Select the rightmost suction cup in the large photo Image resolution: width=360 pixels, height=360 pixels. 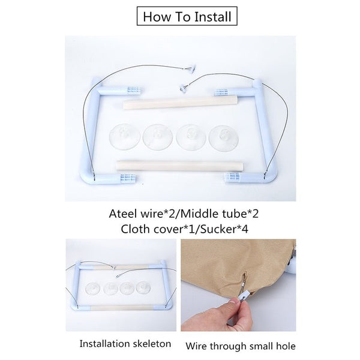(224, 139)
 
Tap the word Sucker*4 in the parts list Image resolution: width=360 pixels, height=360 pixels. (224, 229)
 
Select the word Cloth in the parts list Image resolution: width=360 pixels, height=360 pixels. (135, 229)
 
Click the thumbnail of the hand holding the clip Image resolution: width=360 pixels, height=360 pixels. (238, 285)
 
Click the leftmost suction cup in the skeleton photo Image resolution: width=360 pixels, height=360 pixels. (92, 289)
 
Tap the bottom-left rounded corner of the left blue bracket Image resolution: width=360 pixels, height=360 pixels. (86, 179)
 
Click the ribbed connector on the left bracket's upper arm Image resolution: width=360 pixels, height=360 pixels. (133, 90)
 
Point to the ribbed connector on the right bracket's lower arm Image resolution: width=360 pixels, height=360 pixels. (233, 177)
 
